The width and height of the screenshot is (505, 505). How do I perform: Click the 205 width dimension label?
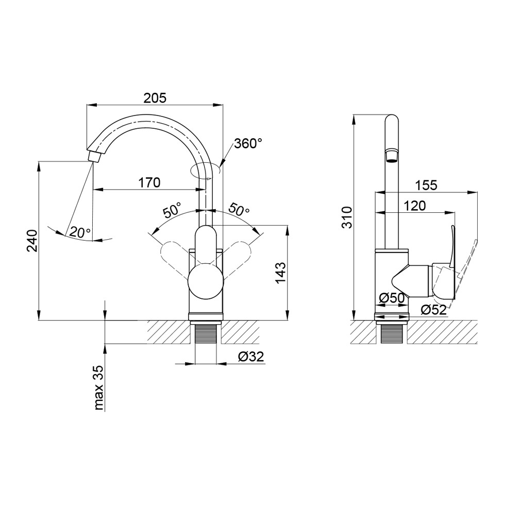[155, 97]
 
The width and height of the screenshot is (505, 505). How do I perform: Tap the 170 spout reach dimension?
[149, 182]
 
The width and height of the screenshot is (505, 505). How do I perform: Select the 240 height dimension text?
[33, 241]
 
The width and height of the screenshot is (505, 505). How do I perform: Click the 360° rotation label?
[248, 143]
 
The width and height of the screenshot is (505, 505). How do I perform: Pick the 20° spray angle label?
[80, 232]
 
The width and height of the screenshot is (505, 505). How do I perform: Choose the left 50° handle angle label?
[172, 211]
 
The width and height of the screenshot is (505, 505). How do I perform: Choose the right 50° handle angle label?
[239, 210]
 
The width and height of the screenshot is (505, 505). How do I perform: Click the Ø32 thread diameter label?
[251, 356]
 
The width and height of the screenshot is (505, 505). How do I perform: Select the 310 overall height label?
[347, 217]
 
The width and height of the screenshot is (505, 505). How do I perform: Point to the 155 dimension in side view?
[426, 185]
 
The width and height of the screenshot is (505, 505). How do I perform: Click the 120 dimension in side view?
[414, 206]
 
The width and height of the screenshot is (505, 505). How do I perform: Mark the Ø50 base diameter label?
[392, 298]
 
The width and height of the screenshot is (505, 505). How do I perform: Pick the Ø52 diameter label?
[433, 310]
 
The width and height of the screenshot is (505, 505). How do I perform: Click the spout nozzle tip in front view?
[94, 157]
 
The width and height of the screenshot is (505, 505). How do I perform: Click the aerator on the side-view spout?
[391, 156]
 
